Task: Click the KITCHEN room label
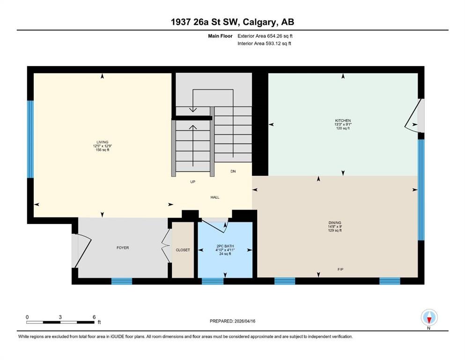click(x=343, y=120)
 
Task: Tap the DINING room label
click(x=335, y=223)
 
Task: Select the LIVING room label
click(x=102, y=142)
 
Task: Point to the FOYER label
click(x=123, y=247)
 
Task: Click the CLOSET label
click(x=183, y=250)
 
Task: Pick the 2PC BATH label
click(x=225, y=246)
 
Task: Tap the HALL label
click(x=215, y=197)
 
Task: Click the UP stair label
click(x=193, y=181)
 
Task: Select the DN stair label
click(x=233, y=171)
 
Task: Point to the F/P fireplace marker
click(x=340, y=270)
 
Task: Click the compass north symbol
click(x=429, y=317)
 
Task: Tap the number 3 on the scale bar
click(x=60, y=317)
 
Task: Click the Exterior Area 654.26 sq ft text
click(x=265, y=36)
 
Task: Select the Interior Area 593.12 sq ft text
click(x=264, y=43)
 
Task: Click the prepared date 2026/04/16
click(x=244, y=321)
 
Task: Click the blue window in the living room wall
click(x=30, y=139)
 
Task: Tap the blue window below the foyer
click(x=122, y=281)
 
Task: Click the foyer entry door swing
click(x=82, y=251)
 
